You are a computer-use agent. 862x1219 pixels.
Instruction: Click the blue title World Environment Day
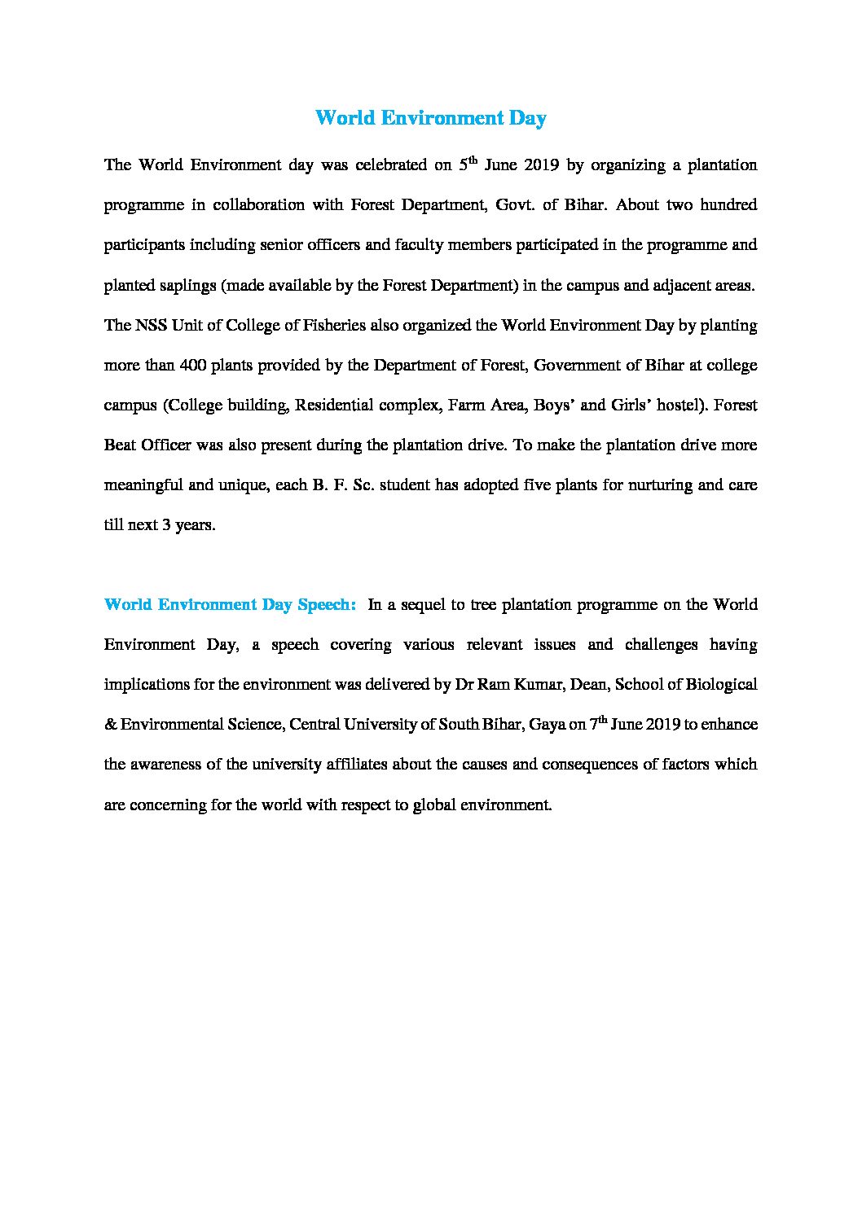coord(430,118)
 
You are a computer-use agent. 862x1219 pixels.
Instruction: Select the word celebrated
coord(389,165)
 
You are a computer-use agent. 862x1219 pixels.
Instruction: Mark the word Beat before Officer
coord(120,445)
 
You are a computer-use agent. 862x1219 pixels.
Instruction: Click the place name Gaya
coord(546,725)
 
